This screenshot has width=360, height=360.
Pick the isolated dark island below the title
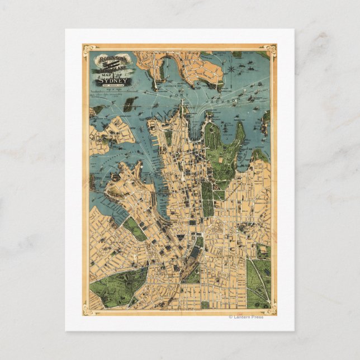point(130,104)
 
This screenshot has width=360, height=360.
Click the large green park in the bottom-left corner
point(115,285)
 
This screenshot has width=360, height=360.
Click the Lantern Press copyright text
point(246,317)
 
